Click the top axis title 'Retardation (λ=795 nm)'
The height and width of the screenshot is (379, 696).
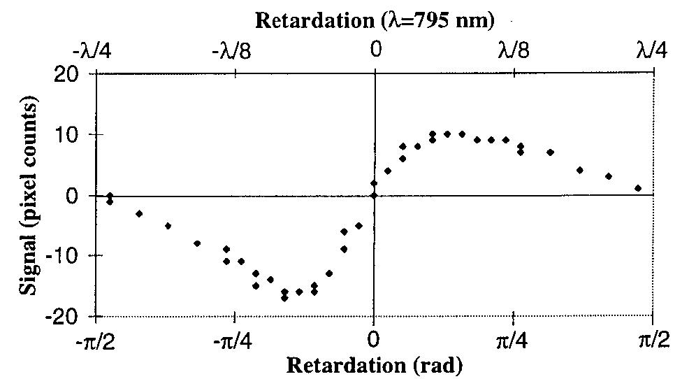(375, 20)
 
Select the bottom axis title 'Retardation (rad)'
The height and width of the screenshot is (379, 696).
(375, 365)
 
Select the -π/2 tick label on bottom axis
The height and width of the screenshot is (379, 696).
(95, 341)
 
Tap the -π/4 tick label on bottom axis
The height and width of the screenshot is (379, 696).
(235, 341)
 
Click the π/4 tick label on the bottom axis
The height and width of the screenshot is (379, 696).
(514, 341)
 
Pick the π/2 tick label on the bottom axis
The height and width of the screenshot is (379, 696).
(653, 341)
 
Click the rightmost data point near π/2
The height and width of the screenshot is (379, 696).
(638, 188)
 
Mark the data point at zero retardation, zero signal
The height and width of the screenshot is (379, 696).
(375, 195)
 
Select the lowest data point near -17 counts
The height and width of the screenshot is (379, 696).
(284, 299)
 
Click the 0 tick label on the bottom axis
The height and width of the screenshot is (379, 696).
(375, 341)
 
